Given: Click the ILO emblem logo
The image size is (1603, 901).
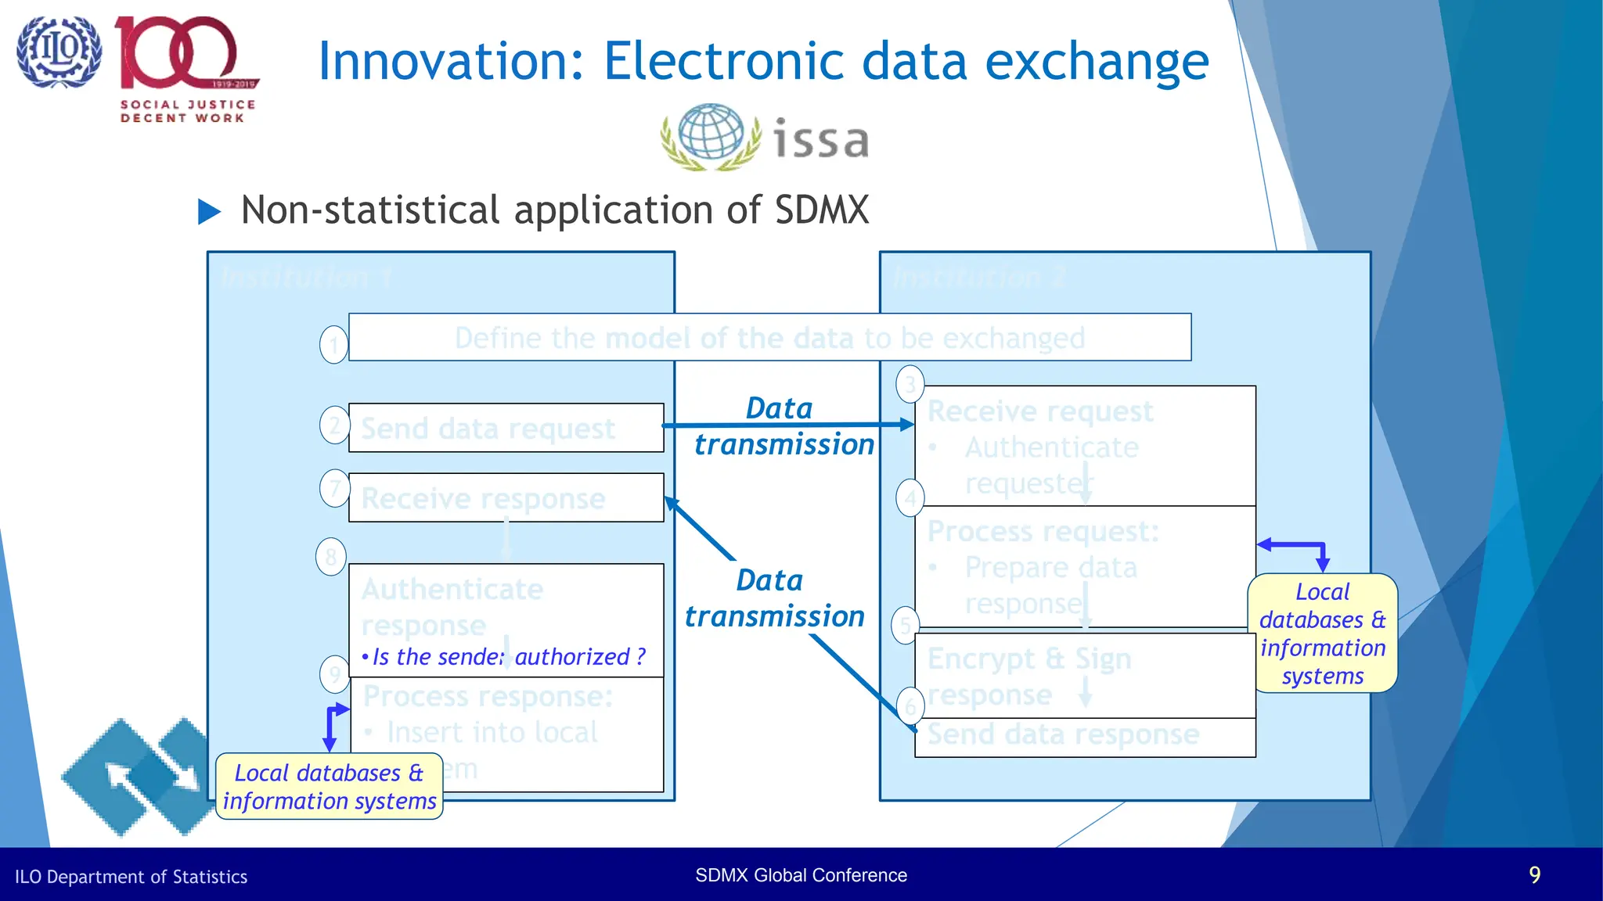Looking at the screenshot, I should (x=59, y=52).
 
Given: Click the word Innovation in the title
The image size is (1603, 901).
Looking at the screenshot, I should (x=451, y=62).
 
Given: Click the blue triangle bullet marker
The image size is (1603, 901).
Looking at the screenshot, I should (x=209, y=211).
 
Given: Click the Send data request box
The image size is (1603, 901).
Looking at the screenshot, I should (x=506, y=428).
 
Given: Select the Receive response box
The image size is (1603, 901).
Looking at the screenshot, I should (x=506, y=497).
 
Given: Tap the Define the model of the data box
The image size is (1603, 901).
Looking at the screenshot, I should (x=769, y=338).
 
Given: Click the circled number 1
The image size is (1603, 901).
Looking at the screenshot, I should (x=334, y=345).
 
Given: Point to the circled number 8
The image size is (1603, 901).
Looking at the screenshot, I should (x=331, y=557).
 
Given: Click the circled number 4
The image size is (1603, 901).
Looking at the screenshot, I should (x=910, y=497).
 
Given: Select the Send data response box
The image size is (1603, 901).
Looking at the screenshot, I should (x=1084, y=736).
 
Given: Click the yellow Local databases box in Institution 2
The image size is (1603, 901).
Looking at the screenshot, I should (x=1322, y=634).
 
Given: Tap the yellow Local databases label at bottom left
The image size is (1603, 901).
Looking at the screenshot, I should (x=329, y=787).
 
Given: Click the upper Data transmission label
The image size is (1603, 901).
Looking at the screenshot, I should (x=783, y=426).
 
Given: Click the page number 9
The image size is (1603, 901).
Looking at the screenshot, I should (x=1534, y=874).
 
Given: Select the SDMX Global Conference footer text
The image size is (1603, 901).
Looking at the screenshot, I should (x=801, y=875).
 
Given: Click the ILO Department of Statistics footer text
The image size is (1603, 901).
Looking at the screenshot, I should (x=131, y=877).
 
